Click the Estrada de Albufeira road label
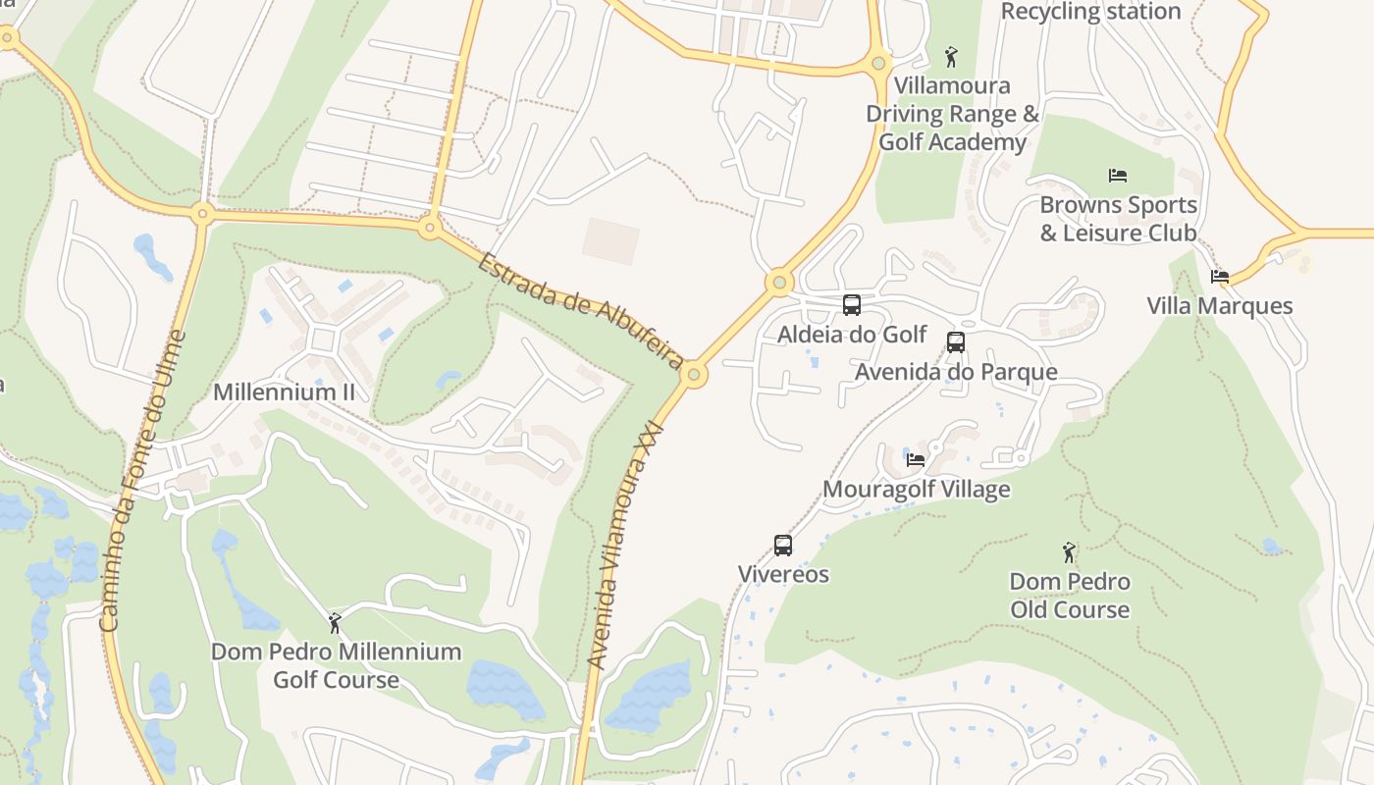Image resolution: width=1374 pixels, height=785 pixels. [581, 310]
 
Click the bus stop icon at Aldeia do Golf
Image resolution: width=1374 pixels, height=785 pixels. [852, 304]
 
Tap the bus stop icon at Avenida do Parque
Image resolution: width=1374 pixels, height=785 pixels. [955, 341]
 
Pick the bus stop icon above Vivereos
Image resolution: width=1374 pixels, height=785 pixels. [782, 545]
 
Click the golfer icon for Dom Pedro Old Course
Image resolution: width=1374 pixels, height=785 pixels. [1069, 552]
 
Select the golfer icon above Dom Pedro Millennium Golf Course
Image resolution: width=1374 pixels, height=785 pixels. [335, 623]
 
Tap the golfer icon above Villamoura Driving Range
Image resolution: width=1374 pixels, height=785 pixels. [950, 56]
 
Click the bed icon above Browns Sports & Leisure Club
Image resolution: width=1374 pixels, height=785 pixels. [1117, 176]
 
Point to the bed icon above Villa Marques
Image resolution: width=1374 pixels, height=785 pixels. [1220, 277]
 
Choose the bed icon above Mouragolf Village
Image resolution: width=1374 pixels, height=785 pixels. [916, 459]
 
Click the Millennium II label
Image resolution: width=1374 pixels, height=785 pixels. [284, 392]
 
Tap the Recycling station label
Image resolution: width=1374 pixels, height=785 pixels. [1090, 12]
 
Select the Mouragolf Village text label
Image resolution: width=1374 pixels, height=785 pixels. [916, 489]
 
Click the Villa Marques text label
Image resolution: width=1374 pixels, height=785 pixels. [1220, 306]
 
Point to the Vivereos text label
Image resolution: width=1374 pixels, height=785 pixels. [783, 574]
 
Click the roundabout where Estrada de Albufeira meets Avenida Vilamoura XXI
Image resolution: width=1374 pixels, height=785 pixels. [694, 375]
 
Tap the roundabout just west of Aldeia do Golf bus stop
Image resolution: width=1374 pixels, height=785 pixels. [779, 284]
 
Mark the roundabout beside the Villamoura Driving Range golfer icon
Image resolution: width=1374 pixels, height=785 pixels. [878, 63]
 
